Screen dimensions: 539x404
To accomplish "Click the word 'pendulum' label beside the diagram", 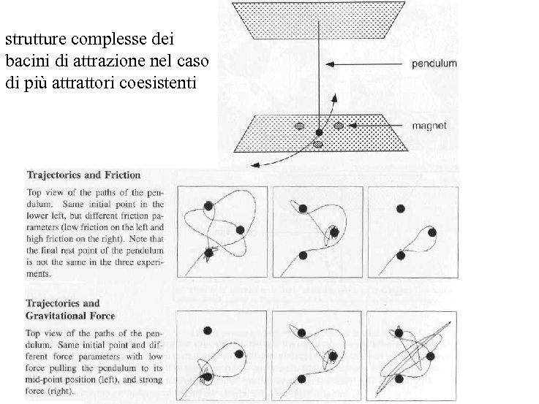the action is click(434, 64).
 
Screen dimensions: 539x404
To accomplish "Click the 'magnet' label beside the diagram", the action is click(429, 126).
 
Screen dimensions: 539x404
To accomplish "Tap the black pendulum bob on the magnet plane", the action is click(319, 132).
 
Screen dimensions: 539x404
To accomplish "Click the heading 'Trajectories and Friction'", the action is click(83, 175).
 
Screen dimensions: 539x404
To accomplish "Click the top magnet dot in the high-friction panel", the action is click(399, 208).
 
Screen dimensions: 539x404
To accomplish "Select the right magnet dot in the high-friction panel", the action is click(431, 232).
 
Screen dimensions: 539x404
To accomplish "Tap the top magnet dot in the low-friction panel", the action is click(208, 206).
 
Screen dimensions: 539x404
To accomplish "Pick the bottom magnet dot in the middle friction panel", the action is click(304, 255).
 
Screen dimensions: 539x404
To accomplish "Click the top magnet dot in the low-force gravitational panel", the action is click(208, 330).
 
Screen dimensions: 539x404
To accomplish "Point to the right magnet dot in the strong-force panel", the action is click(430, 356).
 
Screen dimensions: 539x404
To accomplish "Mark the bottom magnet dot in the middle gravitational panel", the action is click(303, 378).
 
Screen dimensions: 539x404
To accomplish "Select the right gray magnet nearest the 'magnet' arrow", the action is click(339, 126).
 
